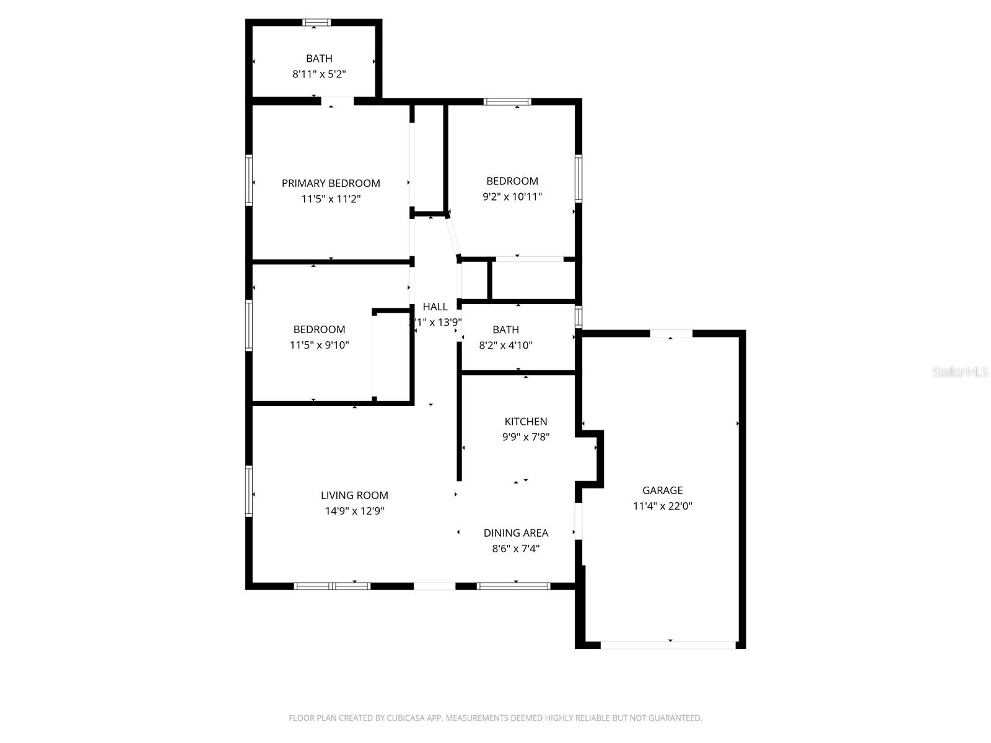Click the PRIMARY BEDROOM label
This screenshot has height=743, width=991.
[331, 183]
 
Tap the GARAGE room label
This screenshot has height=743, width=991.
[662, 490]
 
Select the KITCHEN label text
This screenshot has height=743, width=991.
[526, 422]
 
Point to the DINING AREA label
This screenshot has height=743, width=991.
[515, 533]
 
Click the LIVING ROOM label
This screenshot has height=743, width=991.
[354, 495]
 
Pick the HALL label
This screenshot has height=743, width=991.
[435, 307]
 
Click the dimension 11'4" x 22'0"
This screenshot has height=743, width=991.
[662, 506]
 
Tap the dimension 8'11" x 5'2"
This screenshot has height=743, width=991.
[319, 74]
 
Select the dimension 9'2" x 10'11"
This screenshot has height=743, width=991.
[512, 197]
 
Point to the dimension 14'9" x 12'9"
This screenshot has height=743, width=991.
[354, 511]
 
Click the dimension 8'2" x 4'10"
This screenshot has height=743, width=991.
[505, 345]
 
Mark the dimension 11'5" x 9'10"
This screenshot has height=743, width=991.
[319, 345]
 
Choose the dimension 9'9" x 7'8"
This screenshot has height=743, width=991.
[526, 437]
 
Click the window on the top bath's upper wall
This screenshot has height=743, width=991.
[317, 23]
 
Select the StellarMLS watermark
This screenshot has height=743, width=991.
[961, 372]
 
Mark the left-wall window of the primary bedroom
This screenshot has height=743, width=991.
[249, 180]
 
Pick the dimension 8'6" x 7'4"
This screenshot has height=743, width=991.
[515, 549]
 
